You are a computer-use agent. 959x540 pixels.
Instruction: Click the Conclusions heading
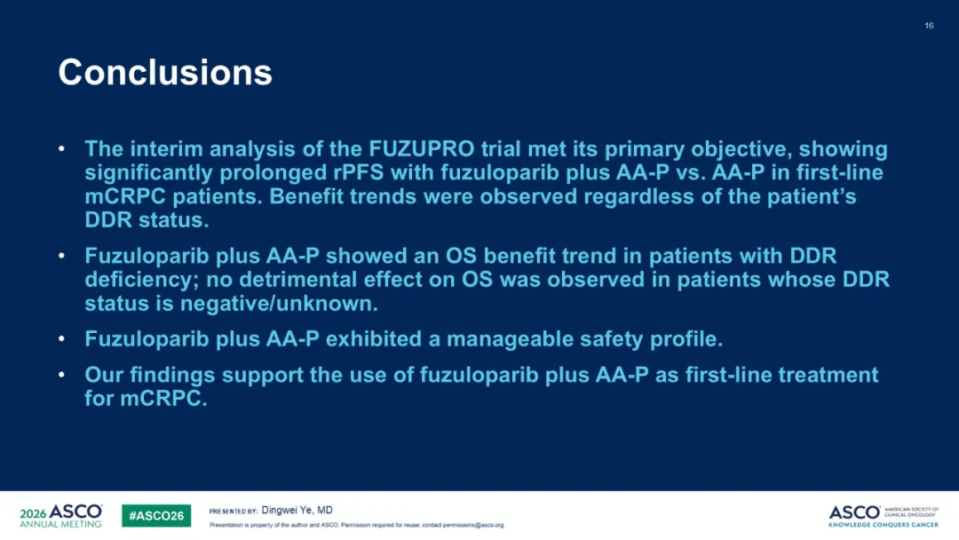point(165,72)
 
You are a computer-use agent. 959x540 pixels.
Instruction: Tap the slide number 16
point(929,26)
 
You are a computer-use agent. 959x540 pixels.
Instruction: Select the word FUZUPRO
point(422,148)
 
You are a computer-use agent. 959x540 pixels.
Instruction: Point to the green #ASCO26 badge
point(156,515)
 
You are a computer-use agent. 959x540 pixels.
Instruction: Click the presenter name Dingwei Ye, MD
point(297,510)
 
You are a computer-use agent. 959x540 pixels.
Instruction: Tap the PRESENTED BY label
point(233,512)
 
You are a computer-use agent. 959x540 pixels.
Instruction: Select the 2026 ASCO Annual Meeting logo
point(61,515)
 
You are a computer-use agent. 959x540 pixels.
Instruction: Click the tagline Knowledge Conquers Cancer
point(884,525)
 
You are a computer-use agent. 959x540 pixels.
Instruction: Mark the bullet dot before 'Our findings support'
point(62,374)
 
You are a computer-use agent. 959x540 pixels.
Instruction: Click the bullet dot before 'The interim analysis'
point(62,148)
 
